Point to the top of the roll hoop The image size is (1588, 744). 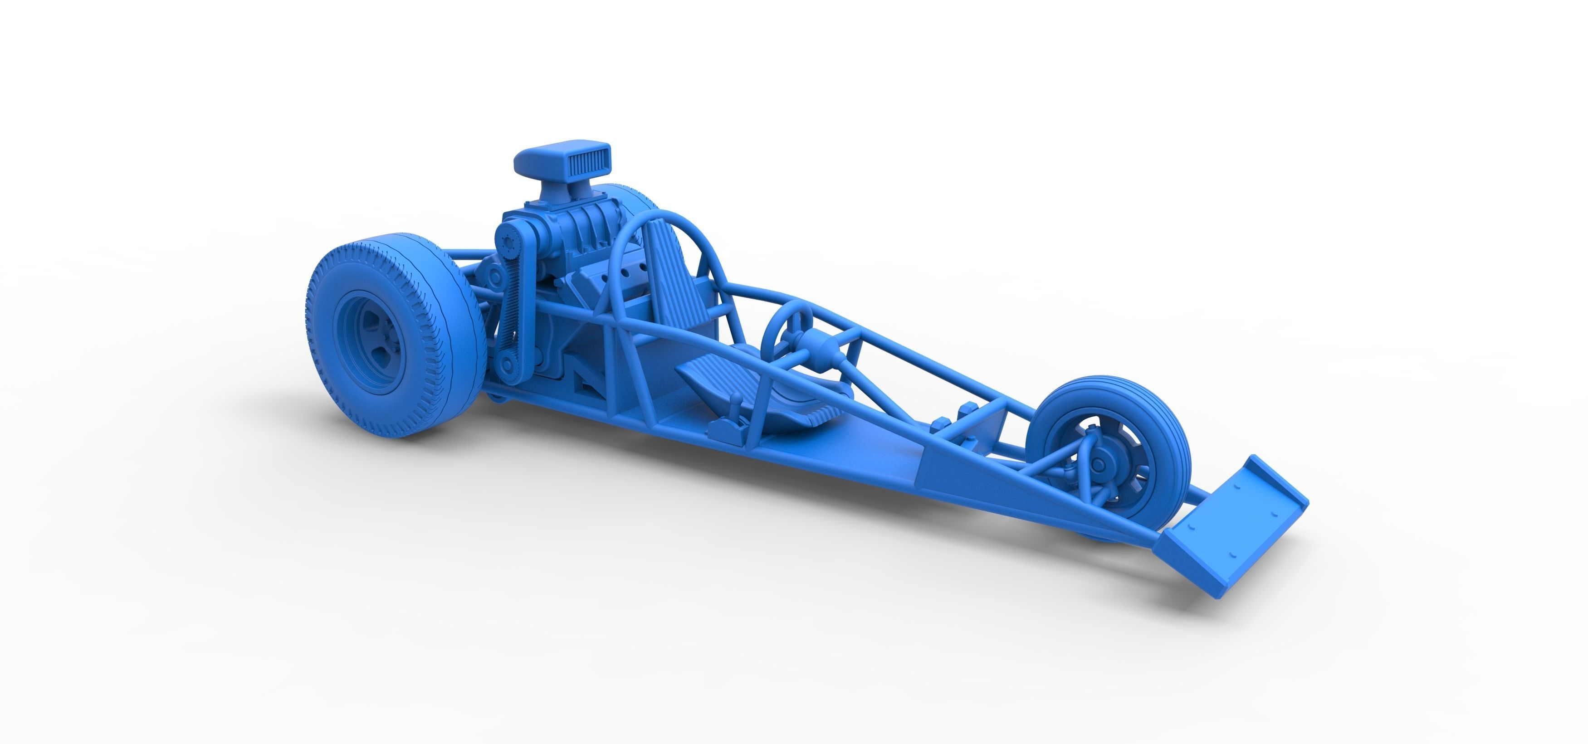pos(663,214)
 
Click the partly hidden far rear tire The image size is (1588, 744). pos(629,197)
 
